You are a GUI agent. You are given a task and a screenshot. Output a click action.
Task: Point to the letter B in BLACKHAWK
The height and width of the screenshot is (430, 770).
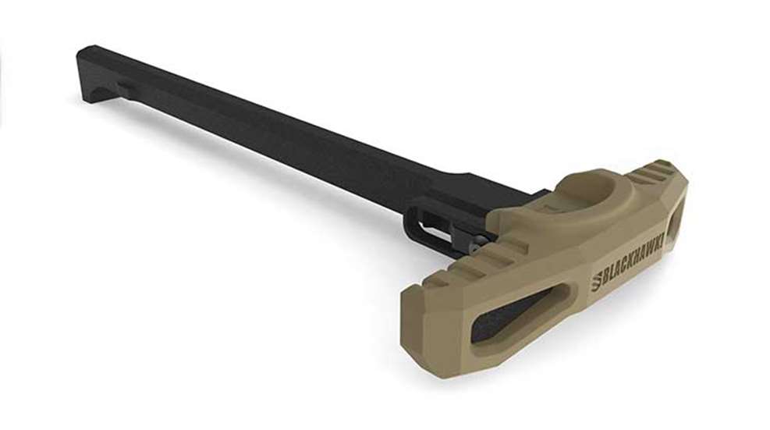click(605, 279)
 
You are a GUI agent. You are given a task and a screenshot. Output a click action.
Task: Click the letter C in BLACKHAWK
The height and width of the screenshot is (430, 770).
click(623, 266)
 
